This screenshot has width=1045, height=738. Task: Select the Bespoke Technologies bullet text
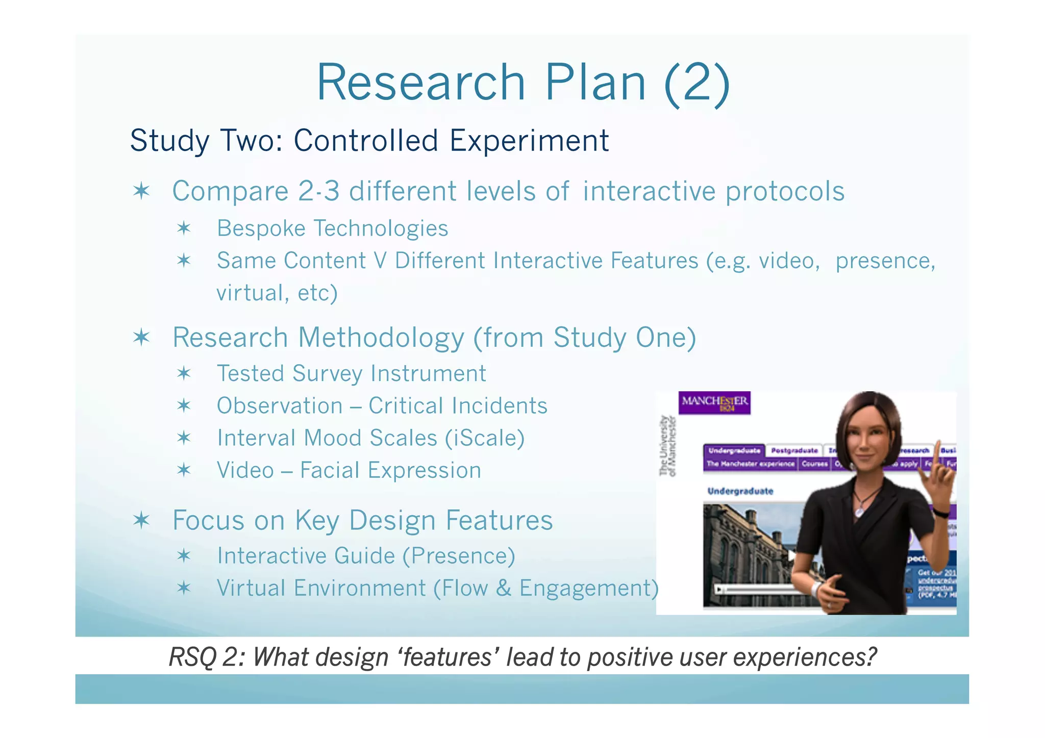(332, 228)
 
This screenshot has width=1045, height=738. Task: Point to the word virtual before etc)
(250, 293)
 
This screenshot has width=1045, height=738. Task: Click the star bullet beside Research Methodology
(141, 338)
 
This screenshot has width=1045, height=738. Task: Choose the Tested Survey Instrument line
(351, 374)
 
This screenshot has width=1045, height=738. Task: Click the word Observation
(280, 406)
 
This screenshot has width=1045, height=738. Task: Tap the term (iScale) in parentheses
(484, 438)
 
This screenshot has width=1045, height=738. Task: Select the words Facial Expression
(390, 470)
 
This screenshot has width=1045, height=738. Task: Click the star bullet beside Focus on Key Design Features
(141, 520)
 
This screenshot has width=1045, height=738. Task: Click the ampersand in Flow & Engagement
(503, 588)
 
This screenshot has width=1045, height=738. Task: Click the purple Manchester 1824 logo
(714, 403)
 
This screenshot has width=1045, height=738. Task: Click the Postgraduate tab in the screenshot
(794, 451)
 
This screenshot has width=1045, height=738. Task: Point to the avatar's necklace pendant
(861, 510)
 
